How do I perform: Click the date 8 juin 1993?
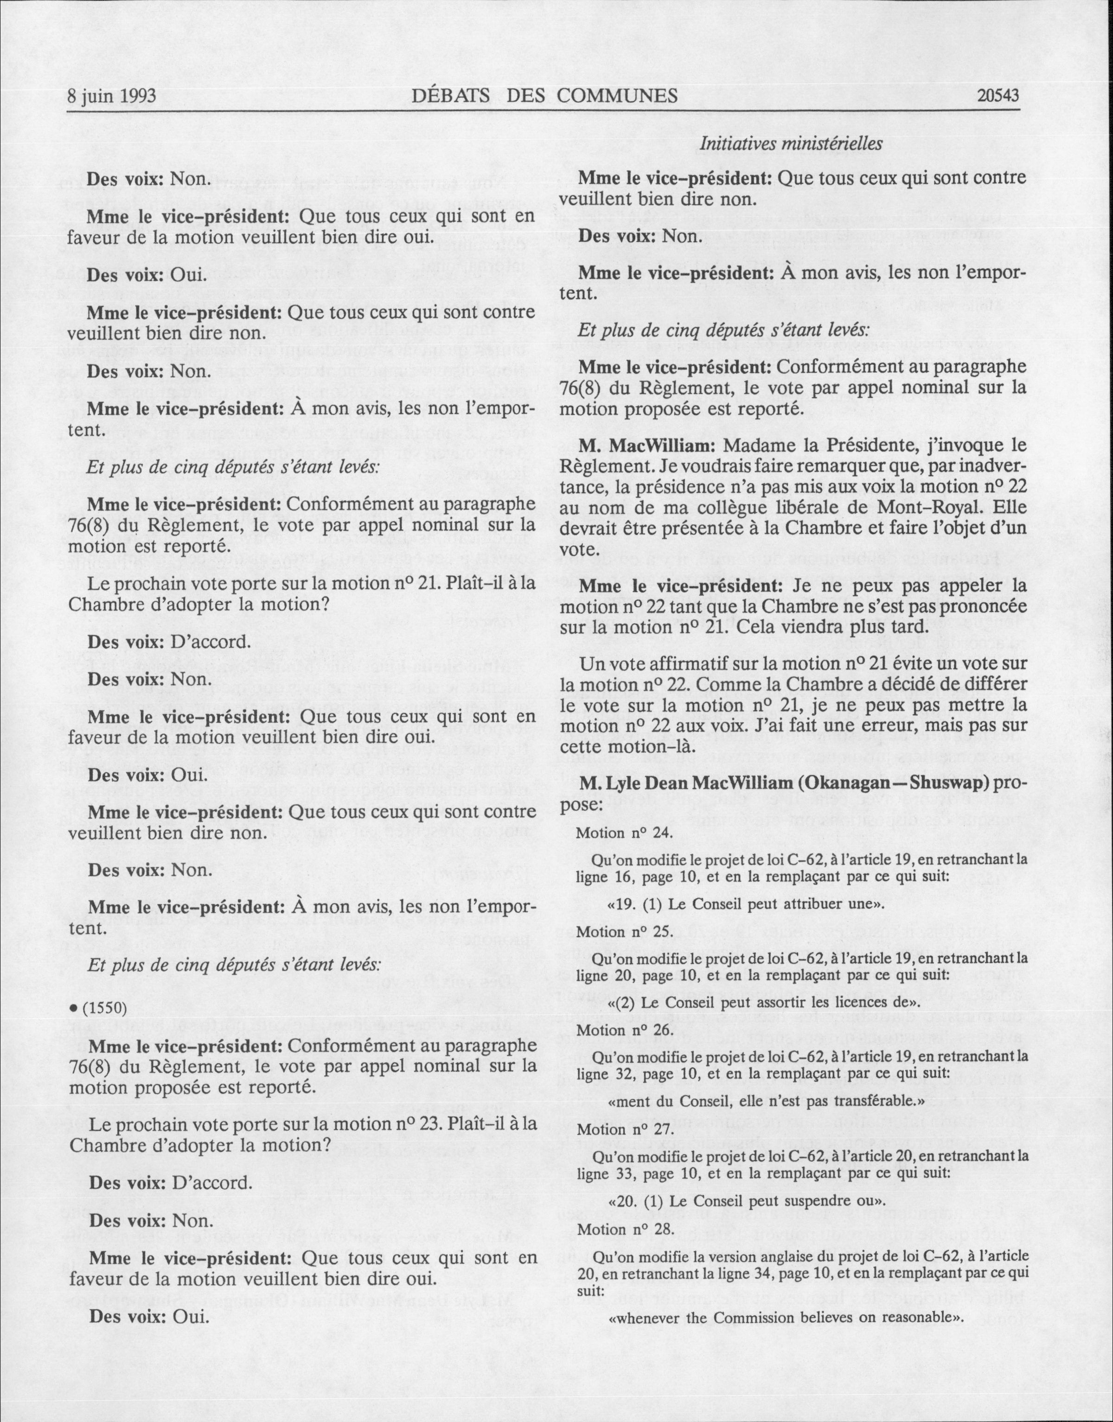[111, 96]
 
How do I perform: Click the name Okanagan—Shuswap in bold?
[908, 782]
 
